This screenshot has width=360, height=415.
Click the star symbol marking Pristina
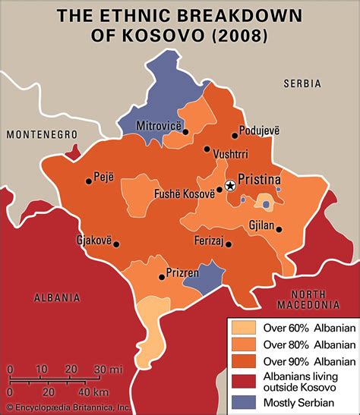(x=229, y=185)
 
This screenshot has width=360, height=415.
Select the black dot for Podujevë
(x=235, y=129)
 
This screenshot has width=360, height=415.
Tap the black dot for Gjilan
(x=279, y=228)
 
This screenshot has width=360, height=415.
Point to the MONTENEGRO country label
(x=43, y=134)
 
